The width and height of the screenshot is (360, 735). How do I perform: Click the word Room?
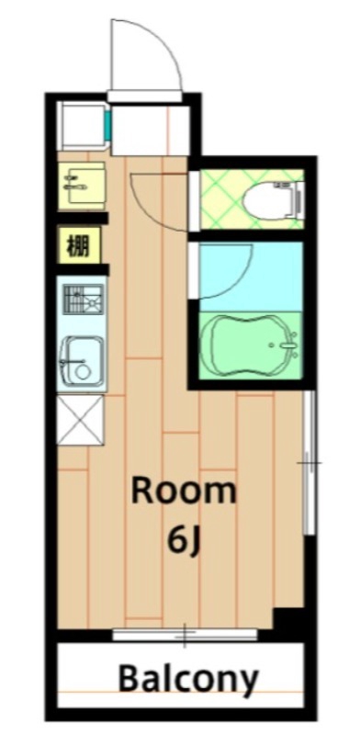pos(183,492)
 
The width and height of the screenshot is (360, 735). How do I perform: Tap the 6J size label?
pos(183,540)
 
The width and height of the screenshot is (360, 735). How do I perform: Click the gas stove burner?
pos(82,300)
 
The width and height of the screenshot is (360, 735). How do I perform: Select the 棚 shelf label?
pos(78,246)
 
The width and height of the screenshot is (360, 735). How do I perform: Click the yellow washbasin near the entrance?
pos(79,186)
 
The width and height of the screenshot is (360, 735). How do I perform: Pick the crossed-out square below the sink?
pos(80,419)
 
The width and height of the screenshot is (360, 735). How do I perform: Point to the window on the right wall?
pos(309,464)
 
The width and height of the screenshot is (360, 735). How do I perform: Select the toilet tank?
pos(297,197)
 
